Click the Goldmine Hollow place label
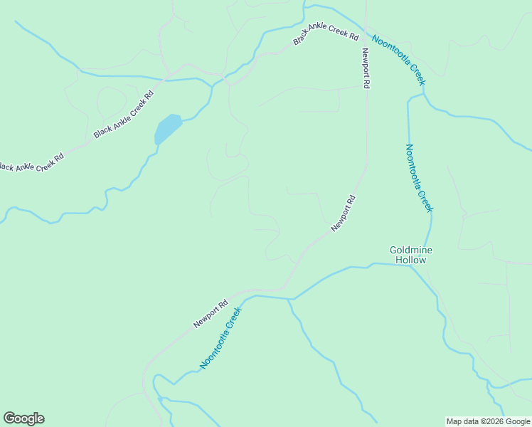(411, 255)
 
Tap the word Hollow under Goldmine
(411, 260)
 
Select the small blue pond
(168, 129)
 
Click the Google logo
(23, 418)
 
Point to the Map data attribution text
(487, 421)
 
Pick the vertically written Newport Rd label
(366, 68)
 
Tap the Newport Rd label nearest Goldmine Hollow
(343, 213)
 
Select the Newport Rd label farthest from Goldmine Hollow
(211, 313)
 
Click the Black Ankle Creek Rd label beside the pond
(124, 115)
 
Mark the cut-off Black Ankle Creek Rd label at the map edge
(31, 162)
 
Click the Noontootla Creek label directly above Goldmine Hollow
(418, 178)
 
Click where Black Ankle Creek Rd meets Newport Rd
(366, 33)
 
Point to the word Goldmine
(411, 250)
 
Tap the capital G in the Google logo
(9, 418)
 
